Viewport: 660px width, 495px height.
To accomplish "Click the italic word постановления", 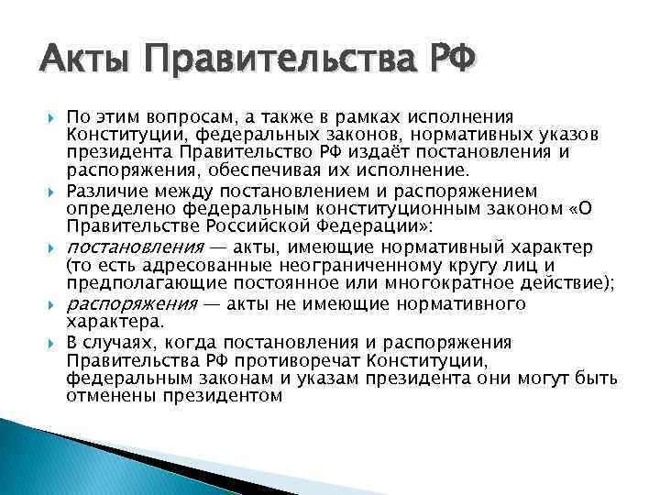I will pyautogui.click(x=134, y=248).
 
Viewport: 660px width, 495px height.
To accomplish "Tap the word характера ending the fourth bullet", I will pyautogui.click(x=114, y=323).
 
